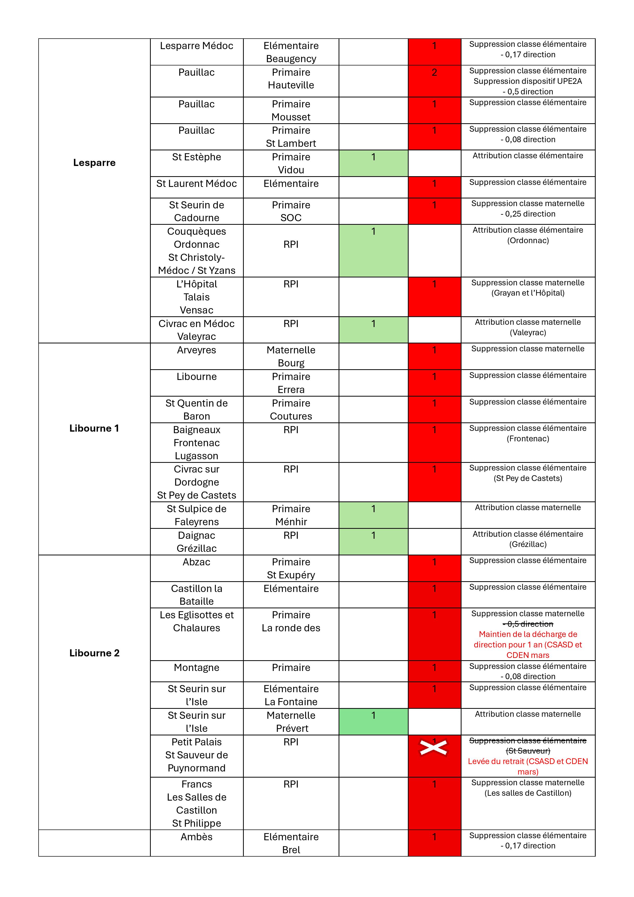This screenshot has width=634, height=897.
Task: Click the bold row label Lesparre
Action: pyautogui.click(x=94, y=163)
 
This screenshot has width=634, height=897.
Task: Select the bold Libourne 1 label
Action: pyautogui.click(x=94, y=428)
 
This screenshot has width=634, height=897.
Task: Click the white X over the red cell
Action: pyautogui.click(x=433, y=748)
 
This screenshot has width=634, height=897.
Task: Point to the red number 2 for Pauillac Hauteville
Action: pyautogui.click(x=434, y=73)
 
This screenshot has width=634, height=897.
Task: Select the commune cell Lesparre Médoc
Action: pyautogui.click(x=196, y=46)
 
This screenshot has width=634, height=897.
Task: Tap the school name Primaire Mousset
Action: pyautogui.click(x=291, y=110)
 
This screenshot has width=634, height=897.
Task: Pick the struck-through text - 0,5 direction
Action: pyautogui.click(x=528, y=624)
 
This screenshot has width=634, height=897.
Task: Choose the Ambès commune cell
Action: pyautogui.click(x=196, y=837)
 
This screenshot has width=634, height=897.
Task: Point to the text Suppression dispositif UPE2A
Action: pyautogui.click(x=528, y=81)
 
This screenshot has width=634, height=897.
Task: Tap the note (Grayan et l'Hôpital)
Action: pyautogui.click(x=528, y=293)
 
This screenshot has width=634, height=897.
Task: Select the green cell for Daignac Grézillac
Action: pyautogui.click(x=373, y=542)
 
